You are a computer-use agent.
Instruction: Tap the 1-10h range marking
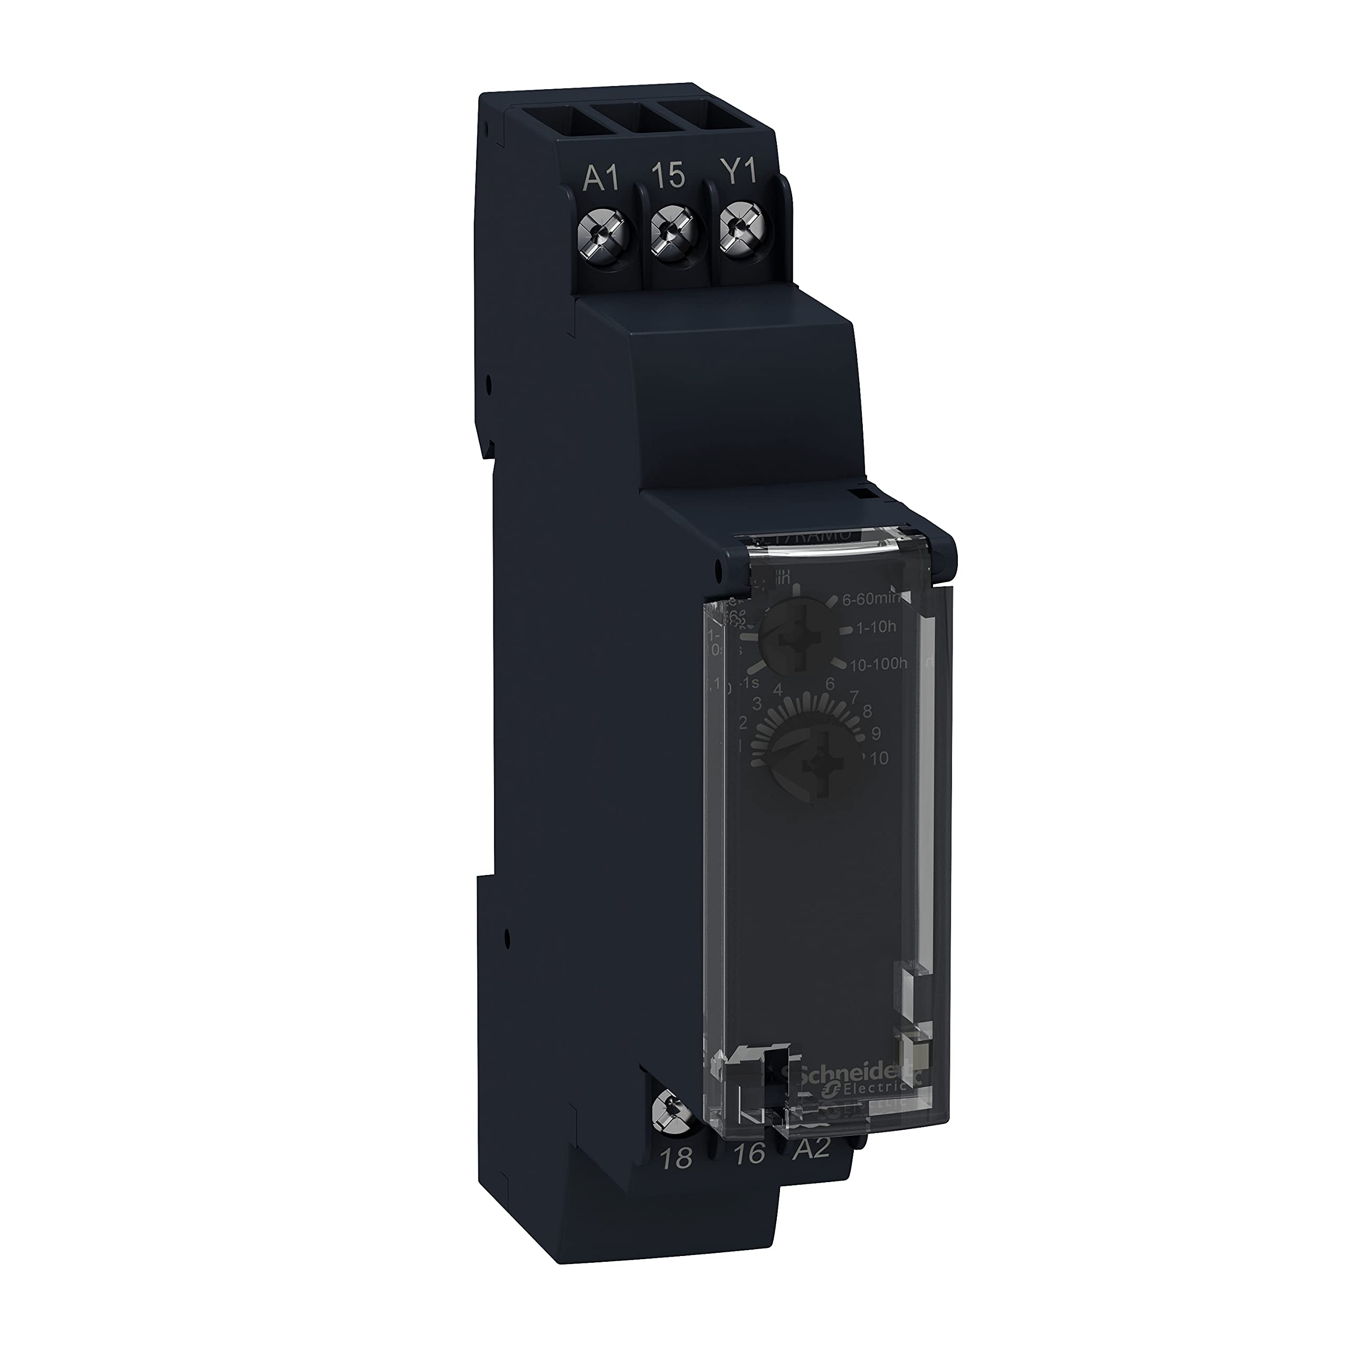[x=876, y=627]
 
